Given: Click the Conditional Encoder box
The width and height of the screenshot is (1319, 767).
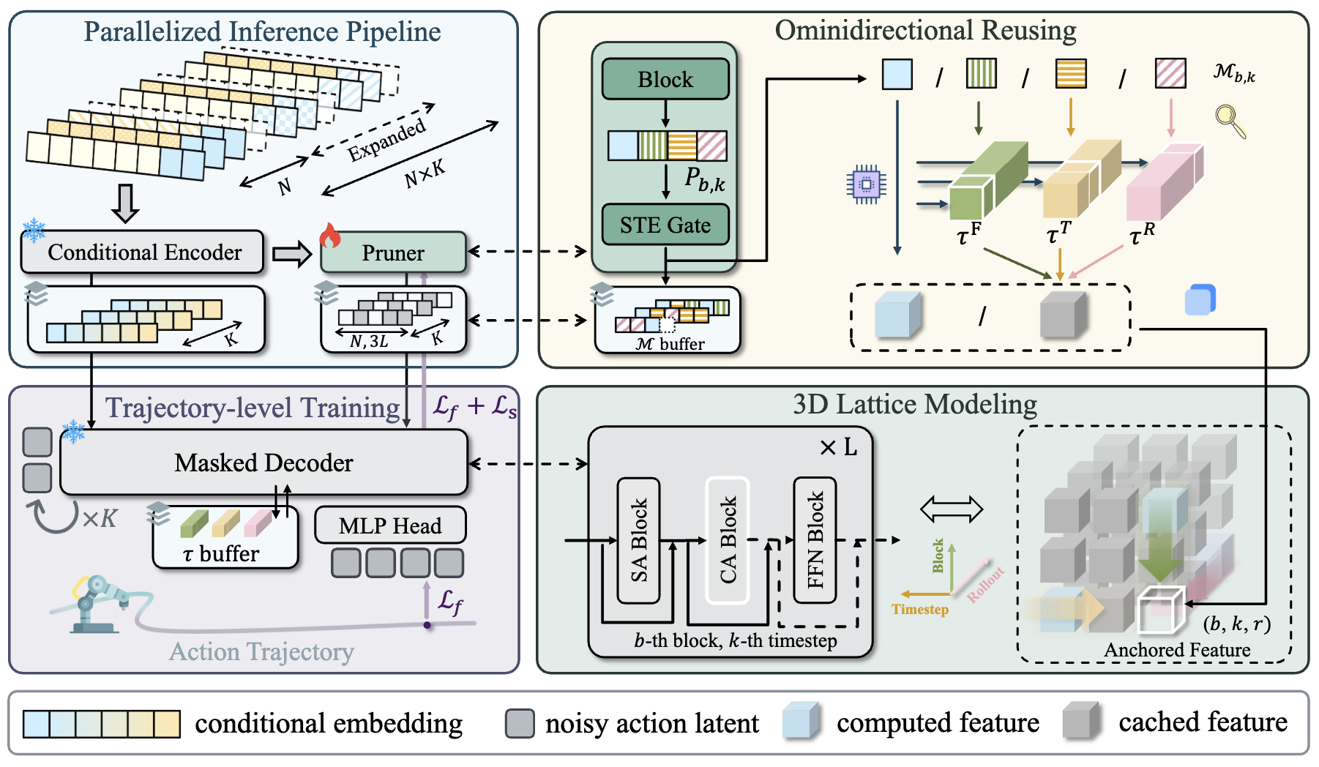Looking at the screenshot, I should pyautogui.click(x=143, y=252).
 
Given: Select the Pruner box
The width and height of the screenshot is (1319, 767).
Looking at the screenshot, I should pyautogui.click(x=393, y=252).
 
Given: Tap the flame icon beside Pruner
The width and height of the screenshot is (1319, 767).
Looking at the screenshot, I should pyautogui.click(x=330, y=236).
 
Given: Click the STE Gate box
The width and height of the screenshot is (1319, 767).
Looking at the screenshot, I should pyautogui.click(x=665, y=225).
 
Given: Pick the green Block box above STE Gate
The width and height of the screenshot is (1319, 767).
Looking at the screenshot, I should pyautogui.click(x=665, y=79).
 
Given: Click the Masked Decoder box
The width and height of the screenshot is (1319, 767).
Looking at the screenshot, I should pyautogui.click(x=264, y=463).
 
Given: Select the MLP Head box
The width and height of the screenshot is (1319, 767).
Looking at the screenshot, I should pyautogui.click(x=390, y=525).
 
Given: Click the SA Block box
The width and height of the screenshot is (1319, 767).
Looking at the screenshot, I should pyautogui.click(x=638, y=540).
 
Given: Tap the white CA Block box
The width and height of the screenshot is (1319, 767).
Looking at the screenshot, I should pyautogui.click(x=727, y=540).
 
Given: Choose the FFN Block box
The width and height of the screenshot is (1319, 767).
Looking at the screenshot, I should pyautogui.click(x=815, y=540).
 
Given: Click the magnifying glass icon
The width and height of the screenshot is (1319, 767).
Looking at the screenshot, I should pyautogui.click(x=1230, y=121).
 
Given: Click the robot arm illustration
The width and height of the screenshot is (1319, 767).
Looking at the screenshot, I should pyautogui.click(x=95, y=604).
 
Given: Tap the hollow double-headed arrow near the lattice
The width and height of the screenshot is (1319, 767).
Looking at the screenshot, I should pyautogui.click(x=951, y=509).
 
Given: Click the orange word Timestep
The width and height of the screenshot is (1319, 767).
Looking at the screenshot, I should pyautogui.click(x=919, y=609).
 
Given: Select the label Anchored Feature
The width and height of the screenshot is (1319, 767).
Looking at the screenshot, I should pyautogui.click(x=1176, y=650).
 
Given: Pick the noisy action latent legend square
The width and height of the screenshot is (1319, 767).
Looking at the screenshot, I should pyautogui.click(x=520, y=723).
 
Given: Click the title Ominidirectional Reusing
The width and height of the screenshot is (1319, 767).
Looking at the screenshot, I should pyautogui.click(x=925, y=31).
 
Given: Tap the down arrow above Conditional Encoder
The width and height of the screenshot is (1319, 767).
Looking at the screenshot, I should pyautogui.click(x=125, y=203).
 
